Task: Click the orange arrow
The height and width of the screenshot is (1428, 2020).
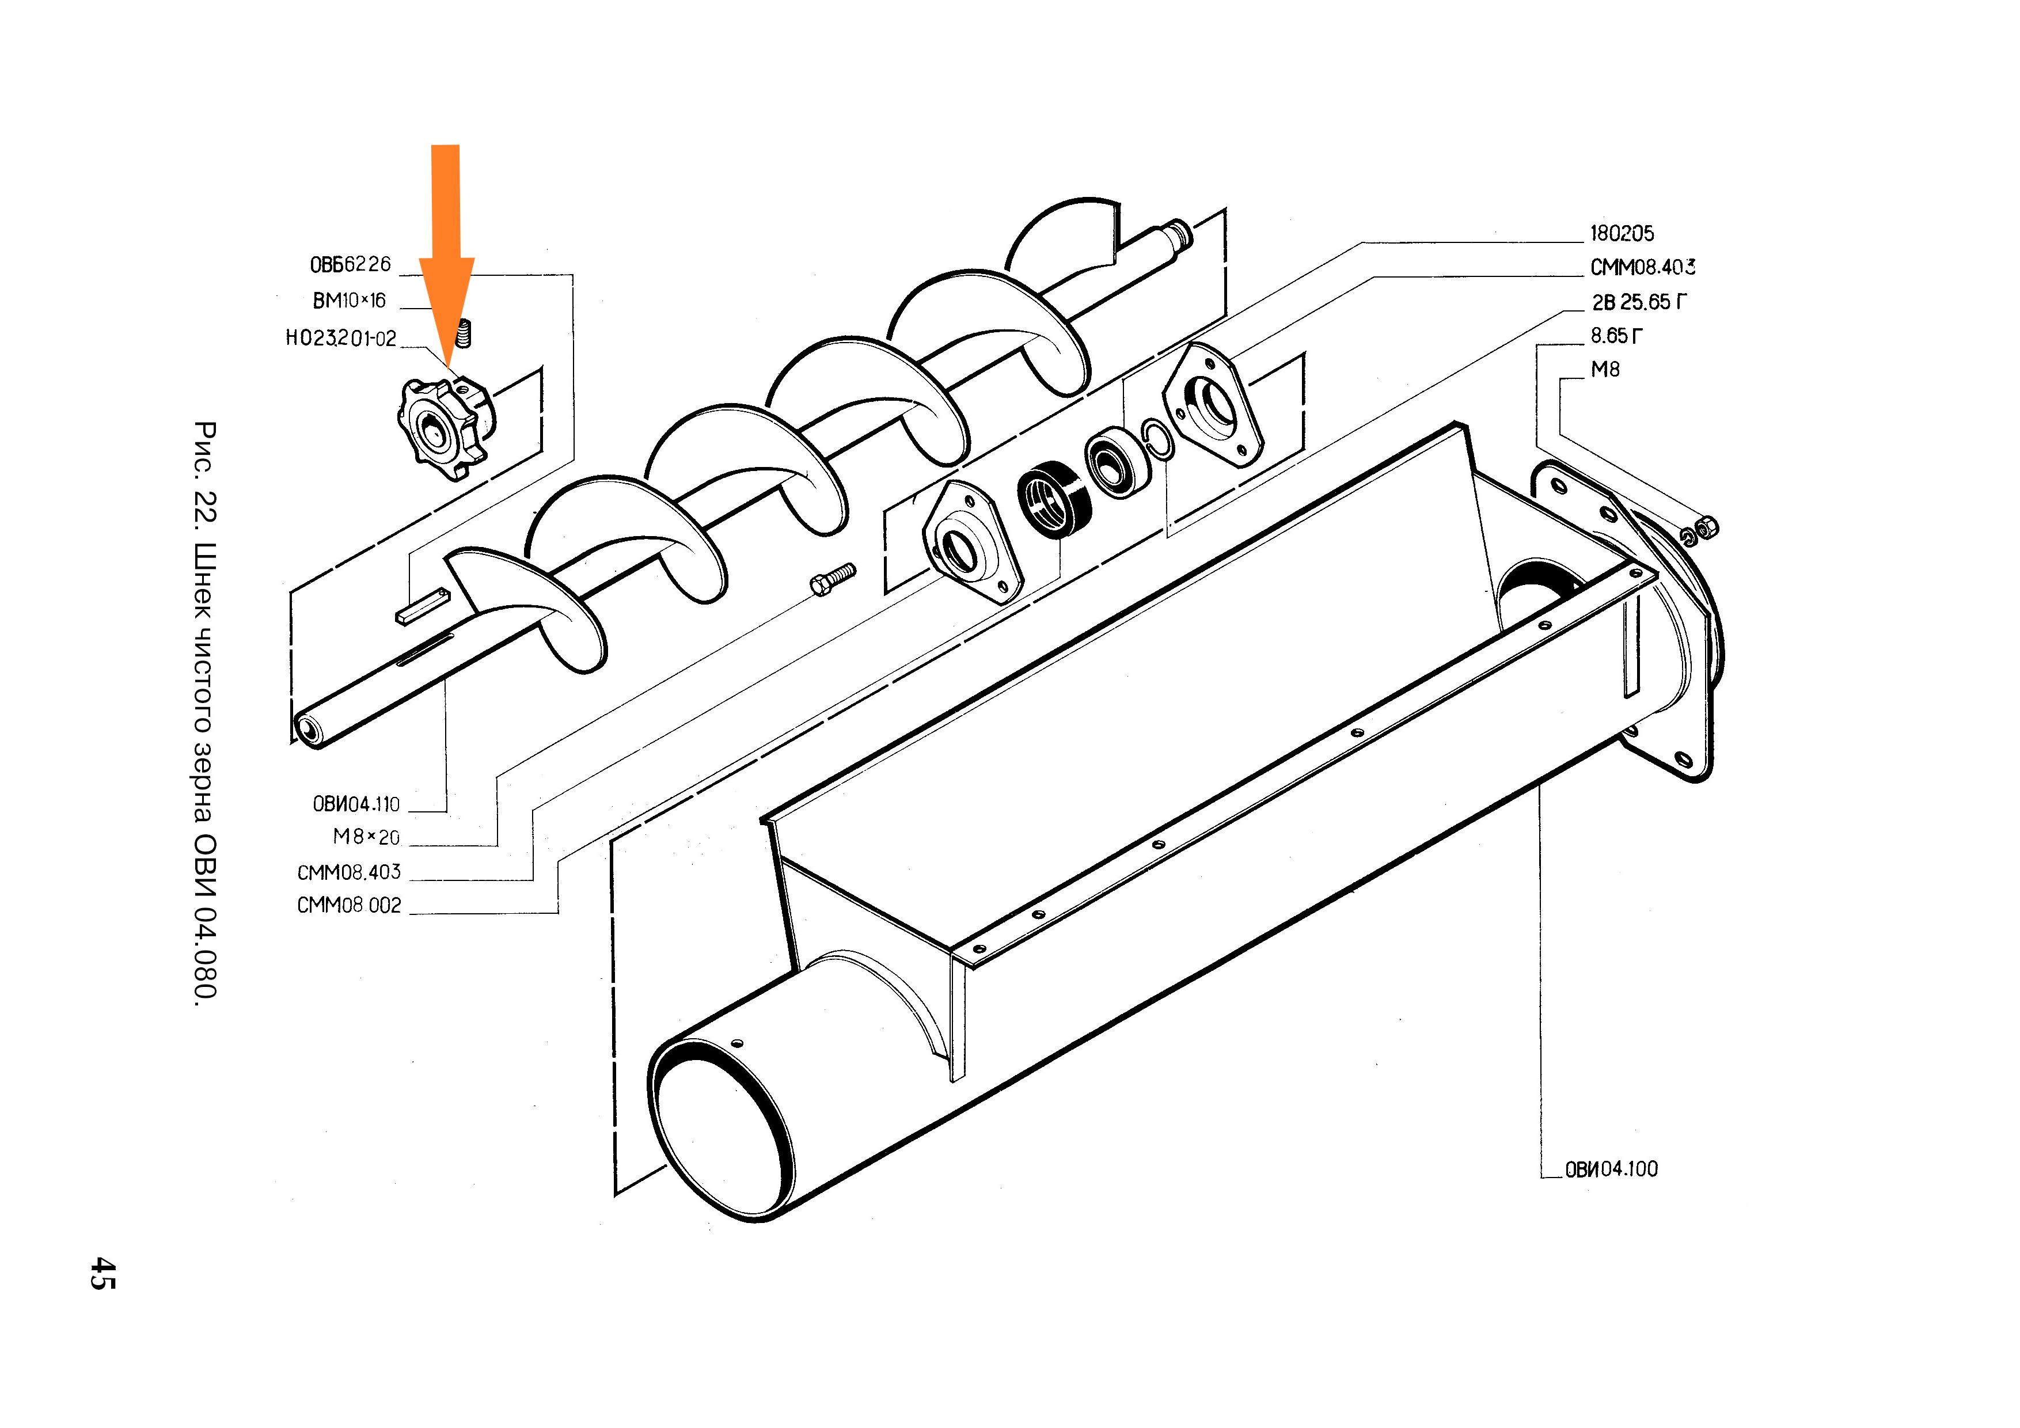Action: point(446,255)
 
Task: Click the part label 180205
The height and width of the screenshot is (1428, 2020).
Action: point(1622,233)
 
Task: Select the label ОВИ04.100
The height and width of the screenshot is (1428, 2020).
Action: point(1611,1169)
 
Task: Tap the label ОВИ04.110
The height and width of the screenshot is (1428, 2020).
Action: point(356,804)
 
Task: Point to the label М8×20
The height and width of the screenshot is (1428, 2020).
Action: point(366,838)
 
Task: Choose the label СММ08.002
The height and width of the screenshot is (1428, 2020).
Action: point(350,905)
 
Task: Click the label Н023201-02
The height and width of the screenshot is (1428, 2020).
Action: point(341,339)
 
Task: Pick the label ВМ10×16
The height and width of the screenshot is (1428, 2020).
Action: point(350,301)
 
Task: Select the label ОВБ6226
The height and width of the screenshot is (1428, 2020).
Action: point(350,264)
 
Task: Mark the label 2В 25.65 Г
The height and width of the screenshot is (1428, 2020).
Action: point(1639,302)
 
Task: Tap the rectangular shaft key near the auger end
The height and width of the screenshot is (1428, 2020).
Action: point(422,606)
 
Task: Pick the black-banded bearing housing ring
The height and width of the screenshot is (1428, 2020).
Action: point(1054,498)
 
